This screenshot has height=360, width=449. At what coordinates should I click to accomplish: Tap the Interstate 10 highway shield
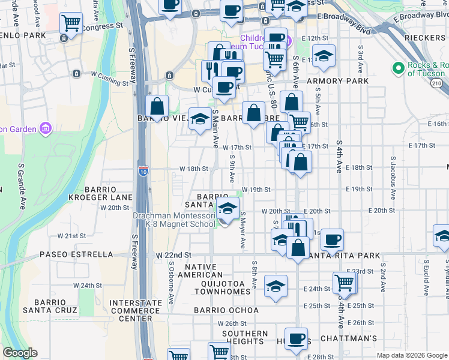click(143, 171)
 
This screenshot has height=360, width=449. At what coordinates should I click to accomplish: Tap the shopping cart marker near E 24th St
click(344, 283)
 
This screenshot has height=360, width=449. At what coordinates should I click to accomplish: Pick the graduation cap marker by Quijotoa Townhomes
click(276, 286)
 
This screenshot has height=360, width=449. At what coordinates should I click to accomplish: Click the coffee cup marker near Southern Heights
click(296, 338)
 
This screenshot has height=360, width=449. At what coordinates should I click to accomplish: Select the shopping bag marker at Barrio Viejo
click(157, 107)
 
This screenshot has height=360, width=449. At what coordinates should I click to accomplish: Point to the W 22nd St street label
click(173, 255)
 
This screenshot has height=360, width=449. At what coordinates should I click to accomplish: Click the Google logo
click(20, 353)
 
